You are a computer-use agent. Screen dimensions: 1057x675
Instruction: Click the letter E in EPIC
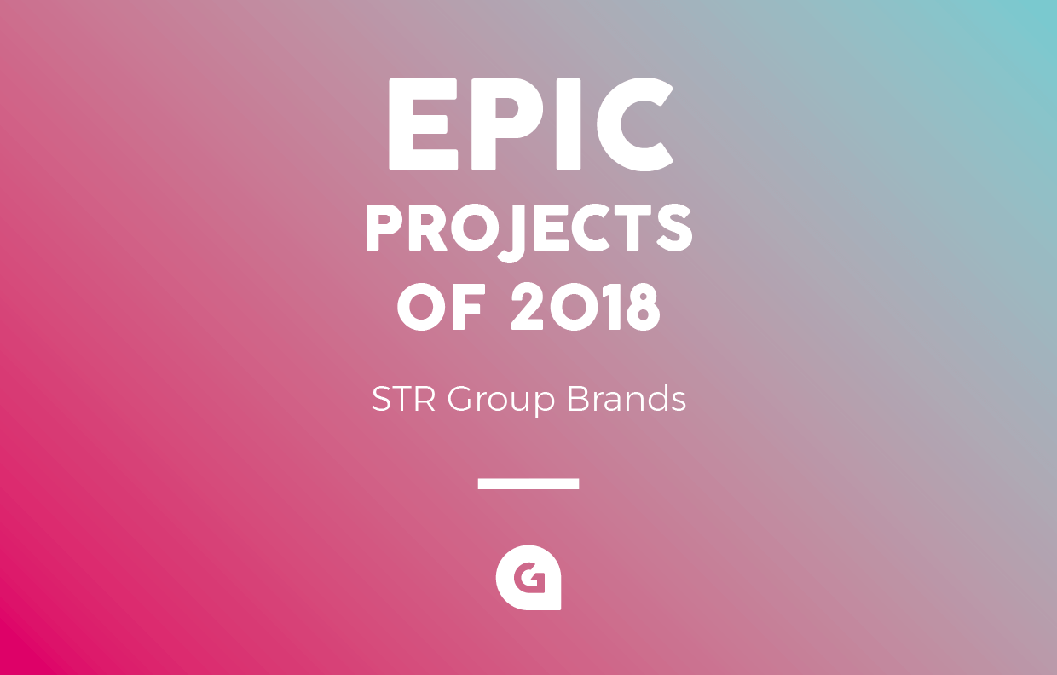coord(423,124)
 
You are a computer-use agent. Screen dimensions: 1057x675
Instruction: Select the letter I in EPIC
coord(568,124)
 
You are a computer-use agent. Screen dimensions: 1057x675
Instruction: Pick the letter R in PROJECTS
coord(428,228)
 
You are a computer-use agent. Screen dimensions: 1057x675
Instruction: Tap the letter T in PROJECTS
coord(632,228)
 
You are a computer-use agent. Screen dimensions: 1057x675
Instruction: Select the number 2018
coord(586,307)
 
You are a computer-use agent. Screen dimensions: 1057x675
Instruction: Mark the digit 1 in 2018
coord(612,307)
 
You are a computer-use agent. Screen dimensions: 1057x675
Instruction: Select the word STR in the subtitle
coord(403,399)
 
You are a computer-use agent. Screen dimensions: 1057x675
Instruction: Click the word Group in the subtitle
coord(501,401)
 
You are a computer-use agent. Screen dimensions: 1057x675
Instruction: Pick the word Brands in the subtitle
coord(627,399)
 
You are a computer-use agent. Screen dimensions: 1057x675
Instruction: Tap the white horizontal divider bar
coord(528,483)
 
